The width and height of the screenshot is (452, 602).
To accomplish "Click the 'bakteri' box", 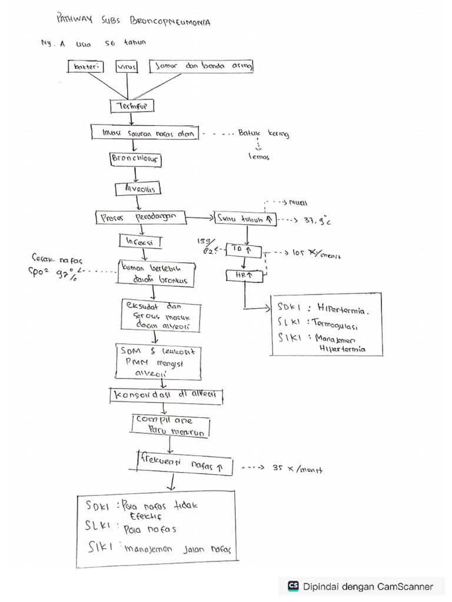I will [x=85, y=67].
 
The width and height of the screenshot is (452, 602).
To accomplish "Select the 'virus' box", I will [x=127, y=67].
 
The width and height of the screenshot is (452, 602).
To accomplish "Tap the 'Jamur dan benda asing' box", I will [x=202, y=67].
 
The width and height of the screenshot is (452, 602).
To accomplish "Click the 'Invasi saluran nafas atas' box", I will [x=145, y=133].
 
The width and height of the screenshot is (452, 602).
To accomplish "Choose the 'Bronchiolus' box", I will [x=137, y=159].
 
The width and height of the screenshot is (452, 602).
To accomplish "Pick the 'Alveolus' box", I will [x=138, y=189].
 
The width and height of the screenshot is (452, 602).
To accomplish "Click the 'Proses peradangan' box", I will [x=139, y=218].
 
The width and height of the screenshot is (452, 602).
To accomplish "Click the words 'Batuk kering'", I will [x=264, y=134].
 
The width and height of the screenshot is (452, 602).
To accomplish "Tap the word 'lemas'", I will [x=258, y=156].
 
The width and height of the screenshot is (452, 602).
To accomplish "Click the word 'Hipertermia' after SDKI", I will [x=347, y=308].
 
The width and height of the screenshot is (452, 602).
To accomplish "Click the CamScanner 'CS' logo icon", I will [x=293, y=586].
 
